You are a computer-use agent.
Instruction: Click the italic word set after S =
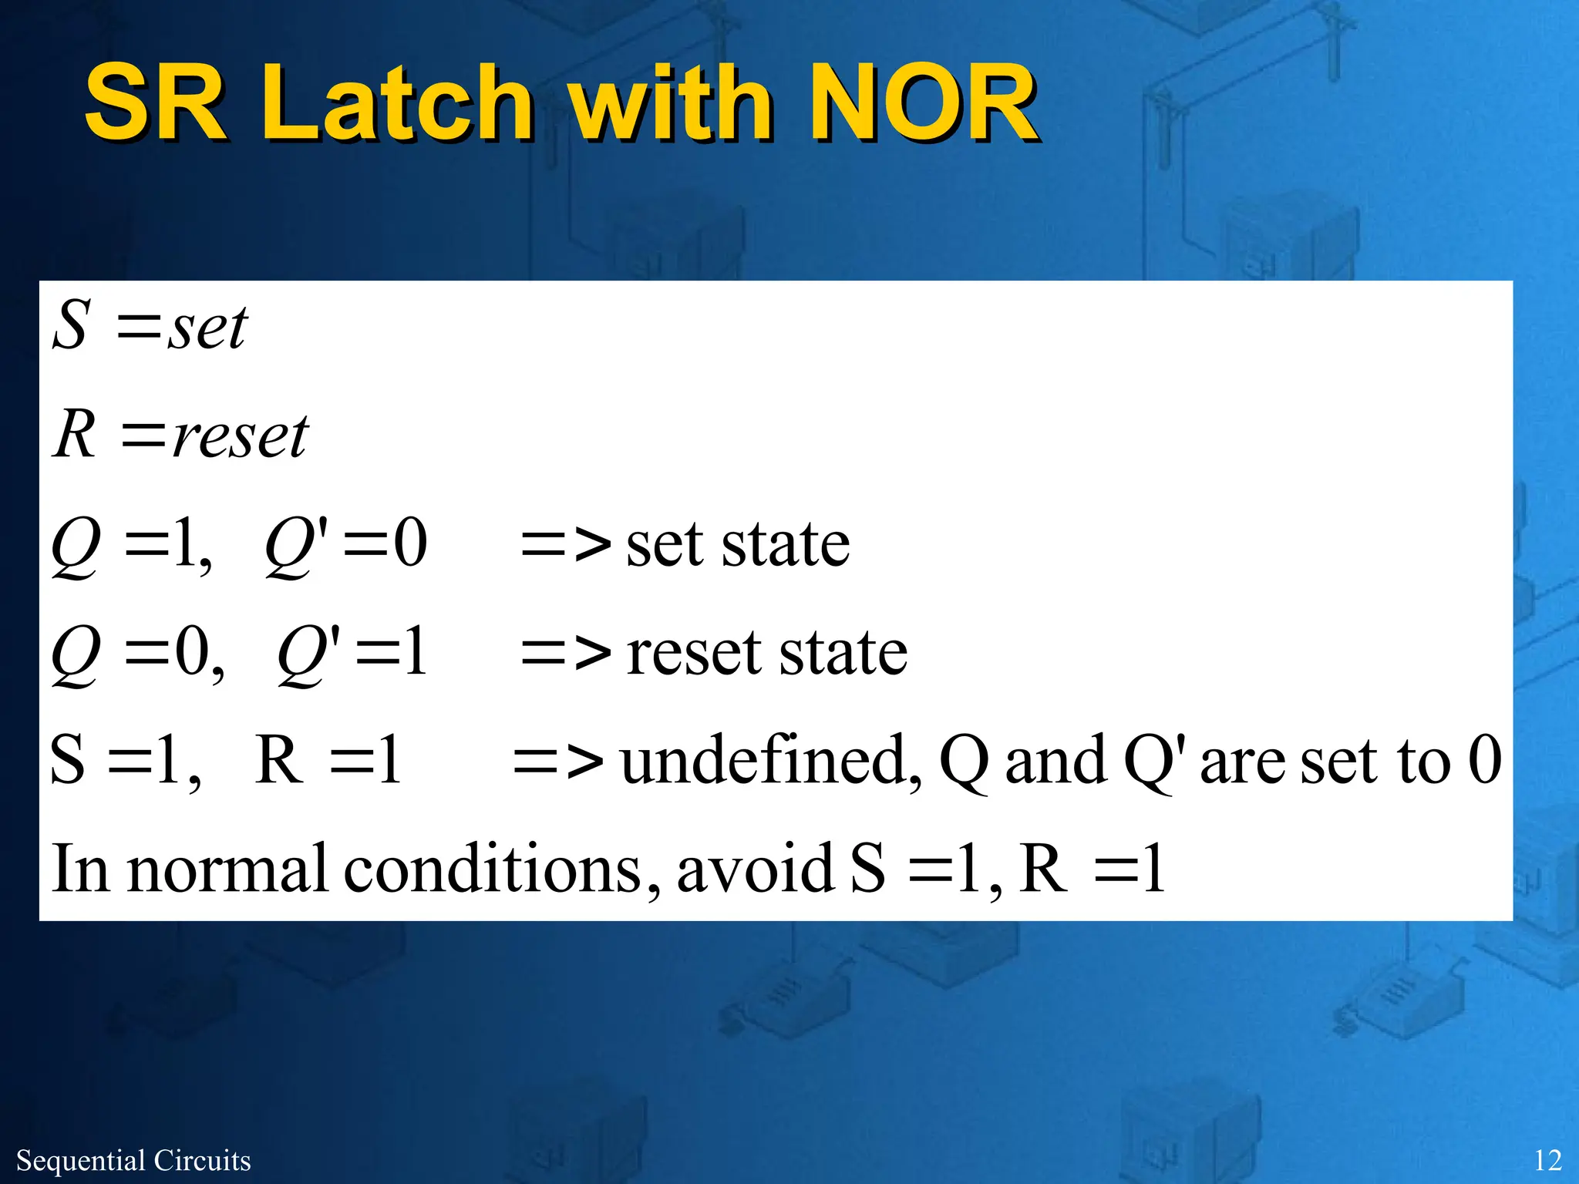(208, 328)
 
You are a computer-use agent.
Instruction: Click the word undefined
(771, 762)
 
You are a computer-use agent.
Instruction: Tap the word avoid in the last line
(755, 869)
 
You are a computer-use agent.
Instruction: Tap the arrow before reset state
(566, 654)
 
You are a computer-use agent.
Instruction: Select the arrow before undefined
(558, 762)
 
